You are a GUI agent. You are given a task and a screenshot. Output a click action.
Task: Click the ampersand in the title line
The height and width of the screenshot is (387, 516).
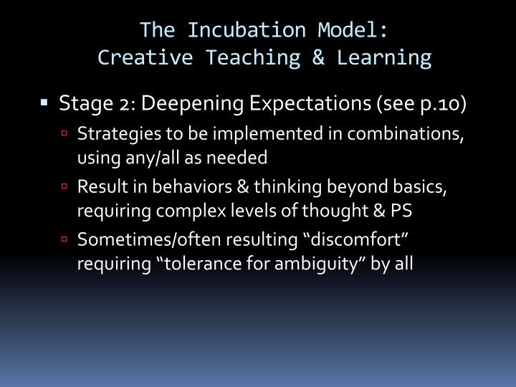[320, 57]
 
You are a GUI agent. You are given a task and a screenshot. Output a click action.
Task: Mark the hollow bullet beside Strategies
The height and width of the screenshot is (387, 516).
[64, 134]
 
